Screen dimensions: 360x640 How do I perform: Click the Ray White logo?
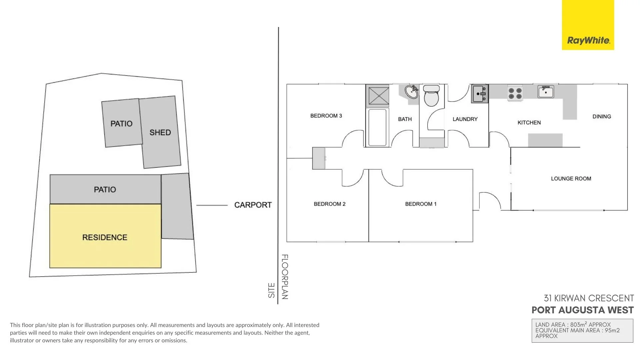pos(588,41)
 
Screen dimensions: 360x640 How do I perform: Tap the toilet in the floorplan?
pos(431,96)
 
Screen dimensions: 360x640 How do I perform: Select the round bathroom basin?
pos(412,92)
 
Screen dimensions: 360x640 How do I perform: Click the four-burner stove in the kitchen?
pos(515,93)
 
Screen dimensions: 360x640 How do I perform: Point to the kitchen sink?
pos(546,92)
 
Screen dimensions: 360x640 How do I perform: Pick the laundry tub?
pos(480,93)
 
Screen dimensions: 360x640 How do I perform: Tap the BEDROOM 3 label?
pos(326,116)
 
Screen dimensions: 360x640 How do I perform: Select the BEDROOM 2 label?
pos(329,204)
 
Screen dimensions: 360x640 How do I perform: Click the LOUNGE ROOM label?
pos(571,179)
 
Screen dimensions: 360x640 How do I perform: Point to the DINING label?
pos(602,117)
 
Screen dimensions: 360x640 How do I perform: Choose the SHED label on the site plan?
pos(160,133)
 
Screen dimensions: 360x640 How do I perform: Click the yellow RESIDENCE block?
pos(105,237)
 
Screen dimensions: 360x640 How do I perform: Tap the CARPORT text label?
pos(253,205)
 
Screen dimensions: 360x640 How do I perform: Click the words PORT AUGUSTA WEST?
pos(582,310)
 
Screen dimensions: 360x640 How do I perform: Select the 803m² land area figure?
pos(578,325)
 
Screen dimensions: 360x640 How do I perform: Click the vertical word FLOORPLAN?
pos(285,277)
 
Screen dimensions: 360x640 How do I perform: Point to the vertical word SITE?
pos(272,290)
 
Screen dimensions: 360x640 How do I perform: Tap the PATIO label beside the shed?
pos(121,124)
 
